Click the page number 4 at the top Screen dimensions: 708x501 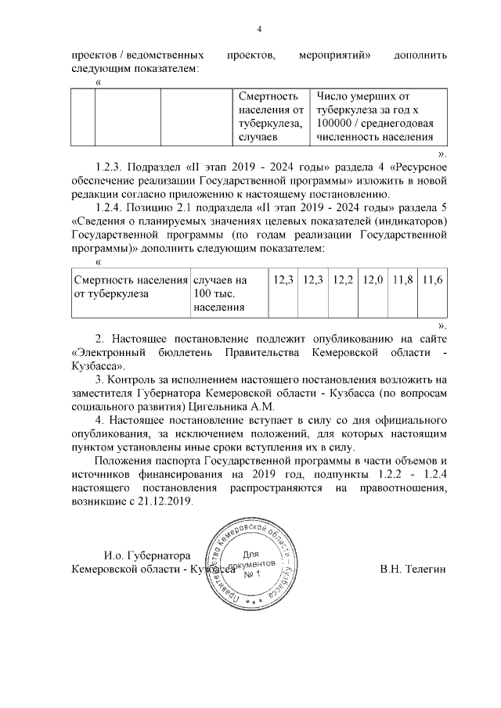point(258,31)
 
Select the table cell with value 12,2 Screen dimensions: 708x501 point(343,279)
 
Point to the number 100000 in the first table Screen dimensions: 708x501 point(337,124)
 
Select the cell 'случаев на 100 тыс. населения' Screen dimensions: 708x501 point(221,293)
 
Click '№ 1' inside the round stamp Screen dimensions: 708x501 point(253,575)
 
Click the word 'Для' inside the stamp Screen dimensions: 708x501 point(252,553)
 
